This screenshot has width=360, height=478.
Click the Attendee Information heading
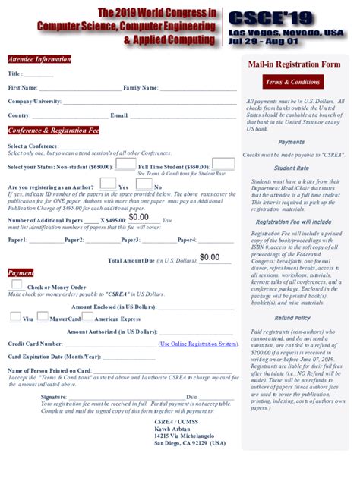point(39,59)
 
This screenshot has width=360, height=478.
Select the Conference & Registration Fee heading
point(53,130)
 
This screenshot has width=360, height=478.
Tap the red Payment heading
point(21,272)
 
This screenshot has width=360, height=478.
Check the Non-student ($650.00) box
point(125,165)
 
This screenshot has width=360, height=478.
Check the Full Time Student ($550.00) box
point(223,164)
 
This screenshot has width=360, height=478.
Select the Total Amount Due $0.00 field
point(210,258)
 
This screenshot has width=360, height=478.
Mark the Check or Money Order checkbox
point(17,285)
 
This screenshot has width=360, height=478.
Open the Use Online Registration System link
point(197,344)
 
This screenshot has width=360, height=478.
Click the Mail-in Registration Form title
point(294,64)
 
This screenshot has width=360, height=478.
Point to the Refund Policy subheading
point(292,318)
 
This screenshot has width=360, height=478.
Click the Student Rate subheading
point(292,168)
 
